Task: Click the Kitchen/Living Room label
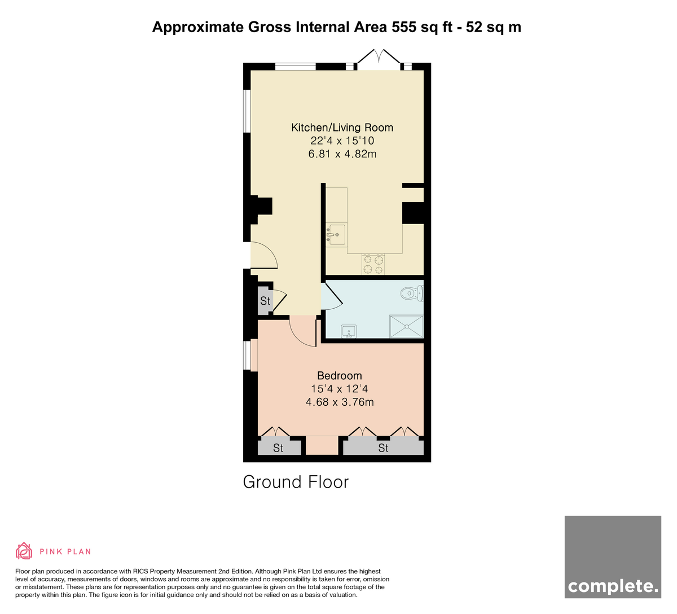pyautogui.click(x=342, y=128)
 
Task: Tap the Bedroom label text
pyautogui.click(x=340, y=376)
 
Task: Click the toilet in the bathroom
pyautogui.click(x=412, y=293)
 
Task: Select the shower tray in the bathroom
pyautogui.click(x=406, y=327)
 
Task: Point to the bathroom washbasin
pyautogui.click(x=349, y=331)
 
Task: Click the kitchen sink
pyautogui.click(x=336, y=235)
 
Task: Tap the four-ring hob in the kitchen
pyautogui.click(x=373, y=265)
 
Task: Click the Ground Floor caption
pyautogui.click(x=296, y=482)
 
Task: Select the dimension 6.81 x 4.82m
pyautogui.click(x=342, y=154)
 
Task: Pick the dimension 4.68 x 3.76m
pyautogui.click(x=340, y=402)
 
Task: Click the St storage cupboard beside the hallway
pyautogui.click(x=265, y=301)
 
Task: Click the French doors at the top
pyautogui.click(x=379, y=59)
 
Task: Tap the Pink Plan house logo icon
pyautogui.click(x=24, y=551)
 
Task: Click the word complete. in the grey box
pyautogui.click(x=613, y=586)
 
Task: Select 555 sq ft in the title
pyautogui.click(x=422, y=27)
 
